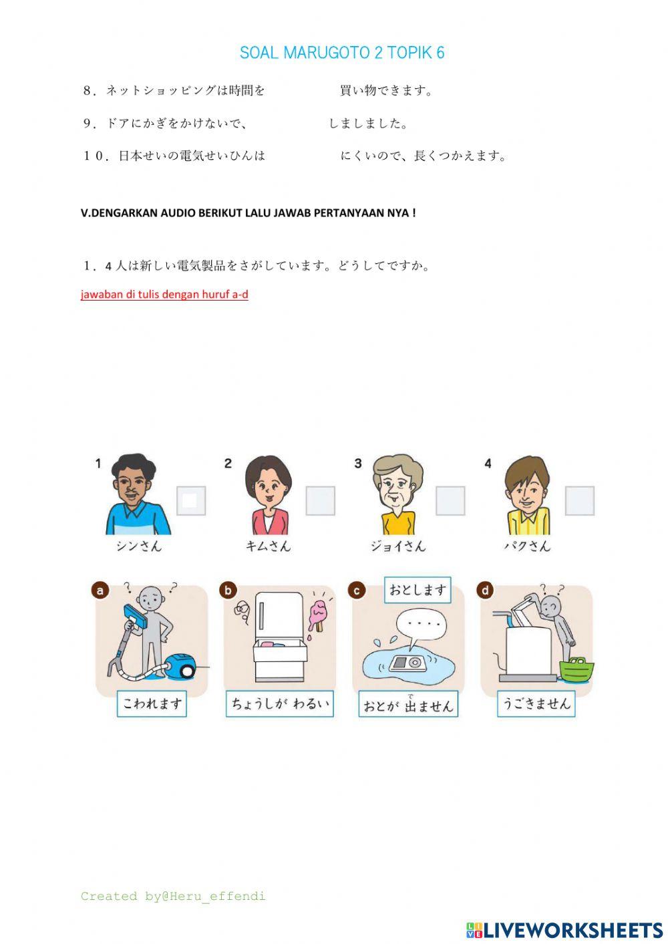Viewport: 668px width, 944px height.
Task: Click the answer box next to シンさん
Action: point(190,500)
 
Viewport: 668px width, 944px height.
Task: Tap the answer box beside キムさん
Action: point(320,500)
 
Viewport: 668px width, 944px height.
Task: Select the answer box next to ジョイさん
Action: point(450,500)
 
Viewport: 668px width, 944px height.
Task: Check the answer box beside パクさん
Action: point(579,500)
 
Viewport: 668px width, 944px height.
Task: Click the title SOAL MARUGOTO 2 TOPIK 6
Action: point(341,53)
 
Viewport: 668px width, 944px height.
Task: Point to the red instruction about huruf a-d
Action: point(164,294)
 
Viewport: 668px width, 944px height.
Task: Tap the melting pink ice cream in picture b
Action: point(318,615)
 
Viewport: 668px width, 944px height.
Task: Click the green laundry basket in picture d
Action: point(576,669)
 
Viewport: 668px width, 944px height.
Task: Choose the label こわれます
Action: point(152,703)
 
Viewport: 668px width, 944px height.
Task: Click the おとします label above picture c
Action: point(417,590)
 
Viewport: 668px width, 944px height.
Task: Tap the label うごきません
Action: point(536,703)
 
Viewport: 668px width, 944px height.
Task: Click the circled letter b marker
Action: point(228,590)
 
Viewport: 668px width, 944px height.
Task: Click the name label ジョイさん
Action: point(397,546)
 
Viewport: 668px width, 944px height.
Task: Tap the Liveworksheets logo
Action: point(564,929)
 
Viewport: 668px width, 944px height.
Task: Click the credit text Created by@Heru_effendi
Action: point(173,896)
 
